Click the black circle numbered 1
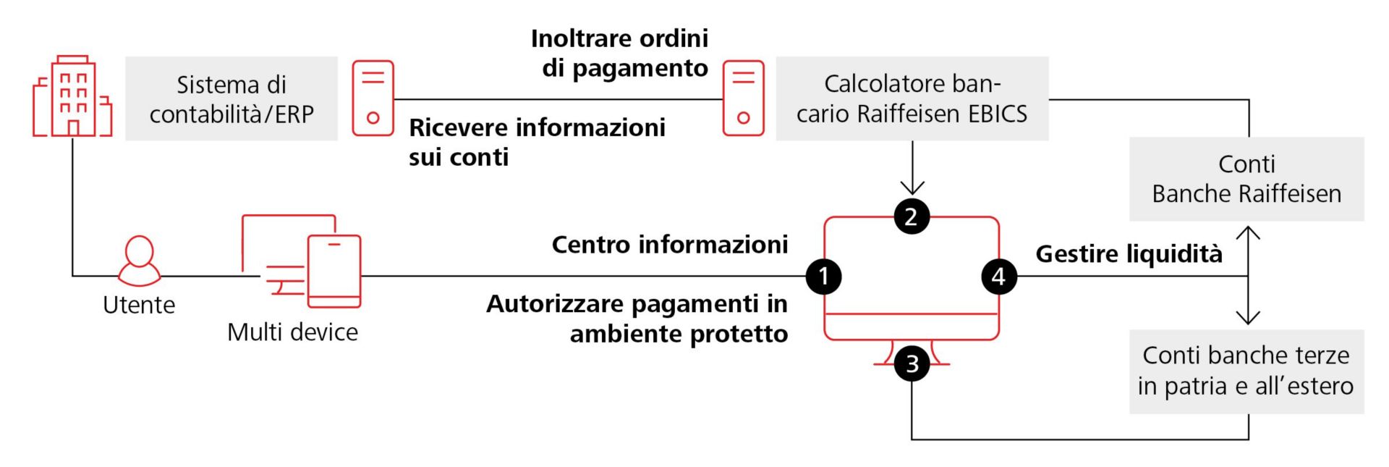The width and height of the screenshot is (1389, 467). [x=823, y=276]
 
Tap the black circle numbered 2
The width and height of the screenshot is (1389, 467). [x=911, y=216]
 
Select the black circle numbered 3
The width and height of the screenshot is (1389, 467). [x=912, y=363]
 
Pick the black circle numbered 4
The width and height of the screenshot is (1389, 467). [x=998, y=276]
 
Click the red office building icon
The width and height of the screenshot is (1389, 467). [x=72, y=97]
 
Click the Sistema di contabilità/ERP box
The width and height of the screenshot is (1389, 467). [x=231, y=98]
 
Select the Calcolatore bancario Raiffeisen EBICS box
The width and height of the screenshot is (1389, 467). [x=912, y=98]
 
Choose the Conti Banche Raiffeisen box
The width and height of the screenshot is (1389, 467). [x=1246, y=179]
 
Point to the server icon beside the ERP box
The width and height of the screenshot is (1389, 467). [x=373, y=98]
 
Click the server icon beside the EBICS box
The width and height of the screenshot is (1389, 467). [x=743, y=98]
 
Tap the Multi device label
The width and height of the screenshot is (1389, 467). [x=292, y=332]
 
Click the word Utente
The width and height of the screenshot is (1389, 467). [x=139, y=305]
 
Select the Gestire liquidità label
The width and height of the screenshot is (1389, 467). [x=1129, y=254]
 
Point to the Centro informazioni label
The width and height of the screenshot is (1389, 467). [x=669, y=245]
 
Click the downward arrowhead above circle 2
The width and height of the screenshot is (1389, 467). [x=912, y=188]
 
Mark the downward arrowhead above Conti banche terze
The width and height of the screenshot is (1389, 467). [x=1248, y=318]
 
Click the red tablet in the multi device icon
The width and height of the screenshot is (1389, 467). [x=334, y=271]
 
